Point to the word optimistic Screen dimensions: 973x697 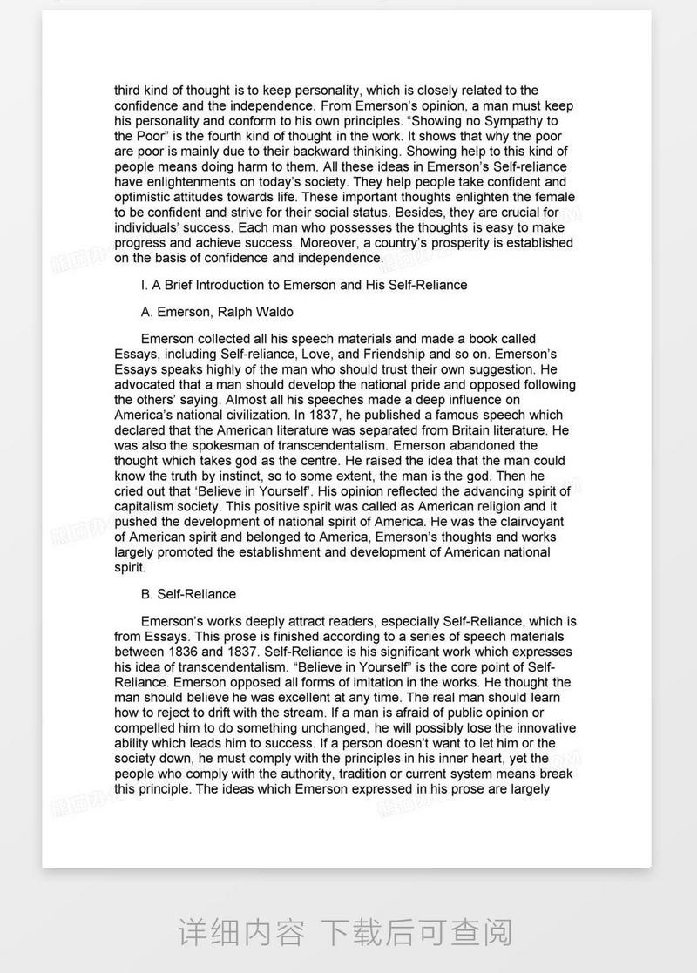(x=144, y=198)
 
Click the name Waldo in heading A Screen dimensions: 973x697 (x=273, y=312)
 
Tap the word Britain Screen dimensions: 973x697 (x=467, y=430)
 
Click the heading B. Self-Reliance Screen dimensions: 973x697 (x=188, y=594)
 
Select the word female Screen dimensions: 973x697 (x=555, y=198)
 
